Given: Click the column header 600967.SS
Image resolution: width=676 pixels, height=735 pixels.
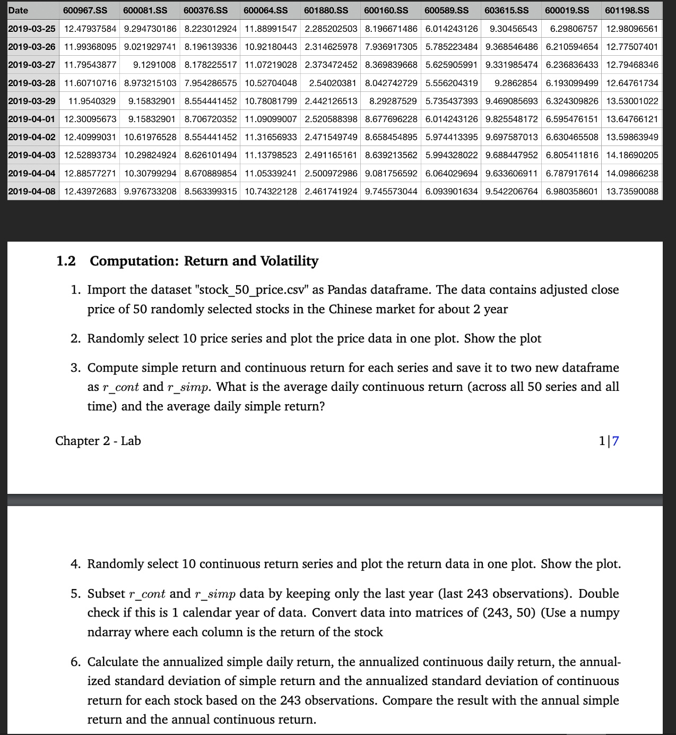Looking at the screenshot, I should (x=85, y=10).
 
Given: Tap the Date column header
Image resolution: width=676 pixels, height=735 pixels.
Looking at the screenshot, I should (x=19, y=10).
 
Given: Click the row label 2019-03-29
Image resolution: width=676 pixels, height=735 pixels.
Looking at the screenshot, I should (x=32, y=101).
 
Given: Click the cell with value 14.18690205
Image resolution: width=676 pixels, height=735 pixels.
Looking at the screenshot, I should (x=632, y=155).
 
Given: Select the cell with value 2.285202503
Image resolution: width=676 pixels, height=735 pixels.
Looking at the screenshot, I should (x=331, y=28).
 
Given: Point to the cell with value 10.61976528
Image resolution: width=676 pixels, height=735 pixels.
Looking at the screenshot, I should (x=150, y=137).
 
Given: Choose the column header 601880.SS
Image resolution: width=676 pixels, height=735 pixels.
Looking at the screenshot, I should (x=326, y=10).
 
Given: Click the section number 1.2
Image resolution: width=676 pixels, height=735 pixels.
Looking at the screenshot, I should (x=66, y=261).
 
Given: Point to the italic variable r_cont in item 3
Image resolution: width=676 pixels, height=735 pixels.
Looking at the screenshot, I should (x=120, y=387).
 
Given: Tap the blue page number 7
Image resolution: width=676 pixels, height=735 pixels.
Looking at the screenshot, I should (x=616, y=441).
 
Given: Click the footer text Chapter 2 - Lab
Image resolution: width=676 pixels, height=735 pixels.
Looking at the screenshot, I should (x=98, y=441).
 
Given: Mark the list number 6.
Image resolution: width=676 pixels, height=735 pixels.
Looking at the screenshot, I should (x=76, y=662).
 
